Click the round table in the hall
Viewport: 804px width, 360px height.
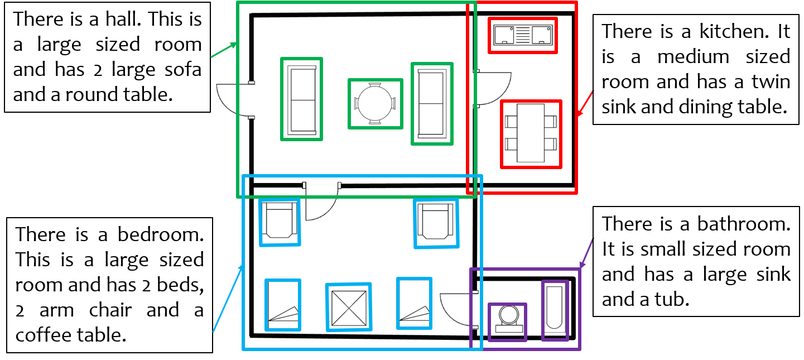click(x=375, y=104)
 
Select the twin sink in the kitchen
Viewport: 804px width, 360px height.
click(x=523, y=35)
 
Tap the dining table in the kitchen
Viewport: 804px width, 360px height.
click(x=531, y=133)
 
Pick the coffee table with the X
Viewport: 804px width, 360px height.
click(x=349, y=307)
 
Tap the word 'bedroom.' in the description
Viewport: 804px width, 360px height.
click(x=161, y=235)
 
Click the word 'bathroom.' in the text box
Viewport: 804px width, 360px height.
click(x=744, y=224)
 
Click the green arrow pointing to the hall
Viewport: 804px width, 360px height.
click(x=224, y=50)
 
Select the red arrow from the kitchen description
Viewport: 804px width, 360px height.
click(x=585, y=103)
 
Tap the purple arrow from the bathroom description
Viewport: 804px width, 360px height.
click(x=586, y=253)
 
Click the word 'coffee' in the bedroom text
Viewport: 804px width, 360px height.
click(x=42, y=335)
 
